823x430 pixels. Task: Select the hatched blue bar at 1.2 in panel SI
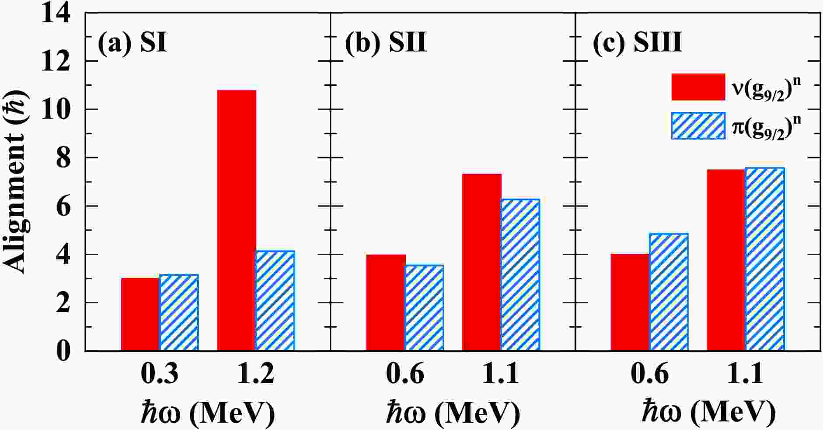click(275, 301)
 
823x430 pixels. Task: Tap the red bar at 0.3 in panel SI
click(140, 314)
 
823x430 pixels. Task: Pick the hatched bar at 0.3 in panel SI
click(179, 312)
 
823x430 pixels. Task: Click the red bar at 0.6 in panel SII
click(386, 302)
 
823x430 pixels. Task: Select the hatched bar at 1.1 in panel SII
click(520, 275)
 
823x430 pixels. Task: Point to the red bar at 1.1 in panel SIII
click(726, 260)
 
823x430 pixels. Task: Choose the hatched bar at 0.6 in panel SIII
click(669, 292)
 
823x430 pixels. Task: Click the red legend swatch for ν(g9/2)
click(698, 87)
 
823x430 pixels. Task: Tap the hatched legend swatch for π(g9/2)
click(698, 126)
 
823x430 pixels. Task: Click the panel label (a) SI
click(132, 43)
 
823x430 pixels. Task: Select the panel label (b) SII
click(385, 43)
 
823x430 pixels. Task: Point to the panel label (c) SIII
click(637, 43)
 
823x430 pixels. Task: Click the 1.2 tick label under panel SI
click(256, 374)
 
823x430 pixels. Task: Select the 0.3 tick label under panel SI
click(159, 374)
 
